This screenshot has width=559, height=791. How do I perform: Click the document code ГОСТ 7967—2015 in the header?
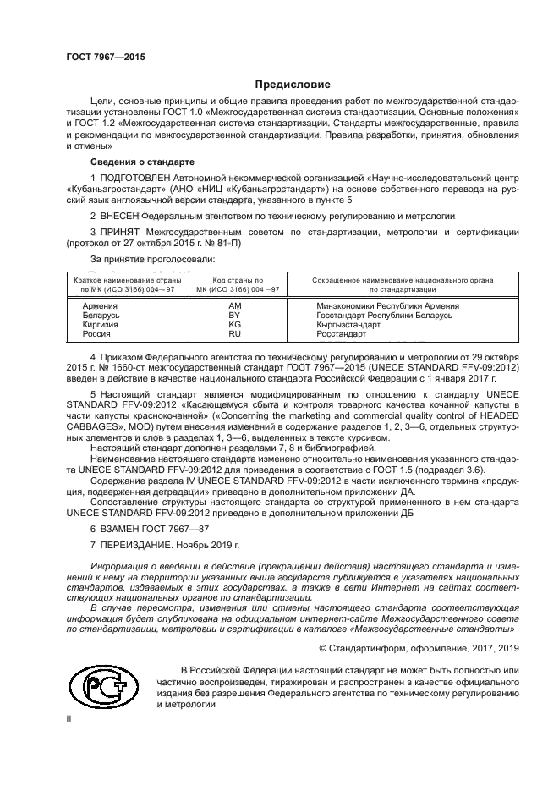[105, 58]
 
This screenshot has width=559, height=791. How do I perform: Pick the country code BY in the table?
[235, 315]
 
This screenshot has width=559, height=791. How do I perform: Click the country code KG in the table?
[235, 324]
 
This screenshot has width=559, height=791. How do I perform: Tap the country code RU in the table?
[235, 334]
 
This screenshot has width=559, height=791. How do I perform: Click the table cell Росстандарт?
[341, 334]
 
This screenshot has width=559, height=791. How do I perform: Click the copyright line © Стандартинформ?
[430, 647]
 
